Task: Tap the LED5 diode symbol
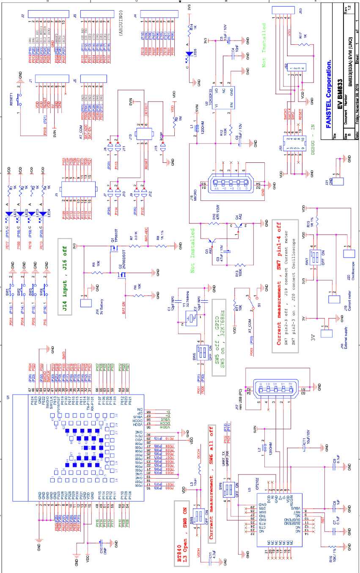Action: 189,55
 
